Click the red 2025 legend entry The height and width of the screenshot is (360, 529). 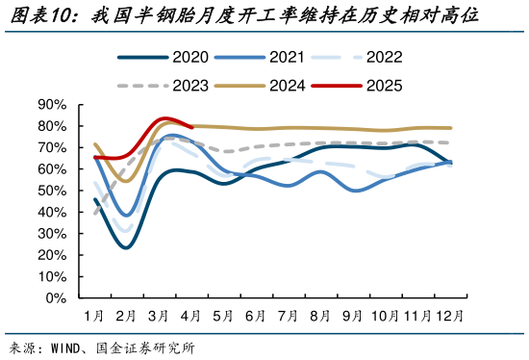pyautogui.click(x=361, y=85)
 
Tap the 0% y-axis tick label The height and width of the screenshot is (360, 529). pyautogui.click(x=56, y=297)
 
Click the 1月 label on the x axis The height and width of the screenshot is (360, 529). pyautogui.click(x=93, y=316)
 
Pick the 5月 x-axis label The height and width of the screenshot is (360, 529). pyautogui.click(x=223, y=316)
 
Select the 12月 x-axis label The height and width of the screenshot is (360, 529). pyautogui.click(x=449, y=316)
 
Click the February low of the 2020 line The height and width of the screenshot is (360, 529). pyautogui.click(x=126, y=247)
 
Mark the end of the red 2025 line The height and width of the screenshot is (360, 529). pyautogui.click(x=192, y=126)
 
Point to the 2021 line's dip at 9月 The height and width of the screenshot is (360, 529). pyautogui.click(x=354, y=191)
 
